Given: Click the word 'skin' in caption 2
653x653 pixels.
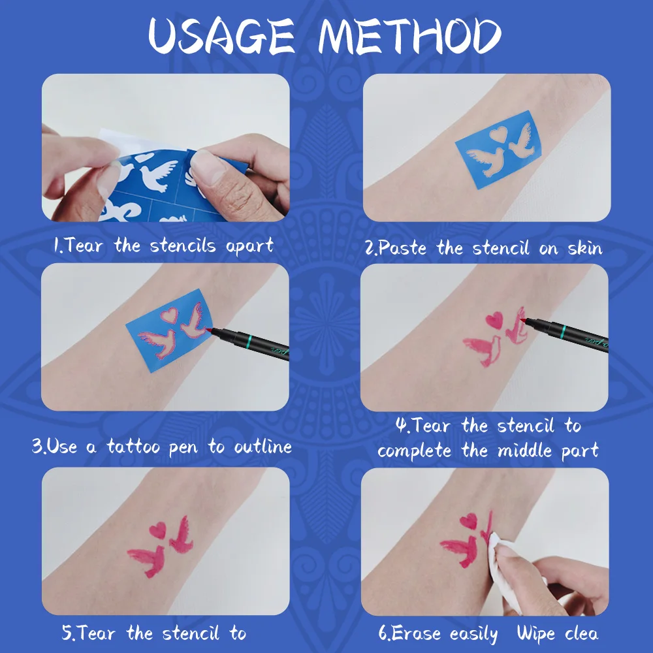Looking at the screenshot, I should (579, 247).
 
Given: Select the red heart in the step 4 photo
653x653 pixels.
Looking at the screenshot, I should (494, 319).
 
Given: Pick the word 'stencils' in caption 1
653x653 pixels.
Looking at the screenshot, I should (185, 246).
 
